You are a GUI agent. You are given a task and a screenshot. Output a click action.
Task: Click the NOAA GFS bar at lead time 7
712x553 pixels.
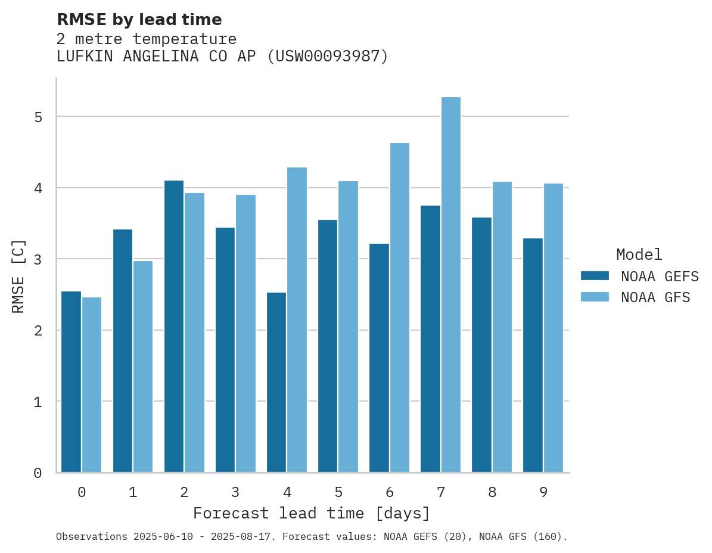pos(450,285)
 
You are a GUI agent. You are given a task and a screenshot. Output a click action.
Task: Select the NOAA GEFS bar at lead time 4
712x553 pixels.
pos(276,382)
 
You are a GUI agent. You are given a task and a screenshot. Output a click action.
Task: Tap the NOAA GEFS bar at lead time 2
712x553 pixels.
pos(174,326)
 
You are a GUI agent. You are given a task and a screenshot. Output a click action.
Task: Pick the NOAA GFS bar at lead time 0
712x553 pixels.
pos(92,384)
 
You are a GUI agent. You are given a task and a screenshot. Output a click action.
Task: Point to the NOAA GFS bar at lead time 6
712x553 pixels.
pos(399,307)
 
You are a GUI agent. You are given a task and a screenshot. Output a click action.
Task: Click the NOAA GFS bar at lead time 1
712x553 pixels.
pos(143,366)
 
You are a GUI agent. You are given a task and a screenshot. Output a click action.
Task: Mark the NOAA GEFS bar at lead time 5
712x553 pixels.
pos(328,346)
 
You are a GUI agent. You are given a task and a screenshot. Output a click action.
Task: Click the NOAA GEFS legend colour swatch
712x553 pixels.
pos(595,276)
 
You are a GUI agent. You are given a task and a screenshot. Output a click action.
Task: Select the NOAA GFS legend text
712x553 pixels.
pos(655,297)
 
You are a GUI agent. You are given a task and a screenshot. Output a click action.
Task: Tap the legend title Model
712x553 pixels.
pos(639,255)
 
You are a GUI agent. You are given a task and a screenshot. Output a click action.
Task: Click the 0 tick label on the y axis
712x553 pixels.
pos(38,473)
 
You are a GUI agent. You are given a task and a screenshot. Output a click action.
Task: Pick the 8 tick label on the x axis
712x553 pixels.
pos(492,492)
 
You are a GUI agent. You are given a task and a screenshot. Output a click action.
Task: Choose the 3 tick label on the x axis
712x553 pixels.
pos(235,492)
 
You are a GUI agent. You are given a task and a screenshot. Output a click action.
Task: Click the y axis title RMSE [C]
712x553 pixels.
pos(18,276)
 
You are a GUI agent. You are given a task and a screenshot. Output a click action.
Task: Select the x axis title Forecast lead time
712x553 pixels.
pos(311,513)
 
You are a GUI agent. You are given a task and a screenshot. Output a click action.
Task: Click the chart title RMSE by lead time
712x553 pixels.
pos(139,20)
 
